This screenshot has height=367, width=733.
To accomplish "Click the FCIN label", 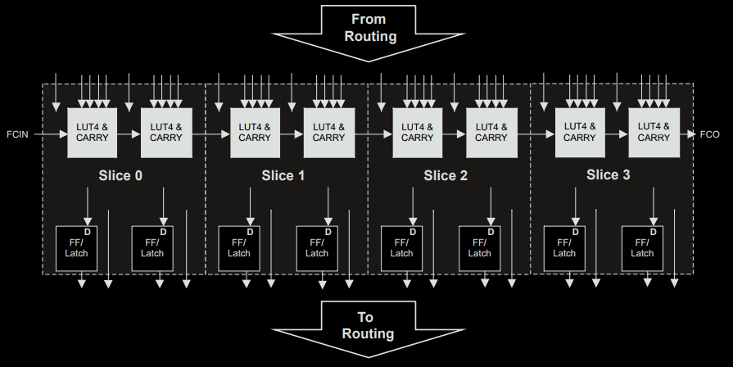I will click(17, 134).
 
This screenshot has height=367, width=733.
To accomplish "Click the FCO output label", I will click(709, 134).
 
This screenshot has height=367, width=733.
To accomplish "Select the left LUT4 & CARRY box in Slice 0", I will click(93, 133).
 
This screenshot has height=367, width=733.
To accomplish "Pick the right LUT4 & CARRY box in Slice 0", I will click(166, 133).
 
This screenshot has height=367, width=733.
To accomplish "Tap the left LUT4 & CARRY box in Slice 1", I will click(255, 133).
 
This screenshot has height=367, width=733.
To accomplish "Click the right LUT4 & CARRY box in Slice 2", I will click(491, 133).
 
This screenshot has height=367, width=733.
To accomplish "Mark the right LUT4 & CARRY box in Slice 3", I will click(654, 132).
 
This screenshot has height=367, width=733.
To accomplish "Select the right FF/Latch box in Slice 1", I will click(317, 248).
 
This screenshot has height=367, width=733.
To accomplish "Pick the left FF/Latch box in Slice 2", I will click(402, 248).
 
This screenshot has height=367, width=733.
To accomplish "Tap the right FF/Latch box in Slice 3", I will click(643, 248).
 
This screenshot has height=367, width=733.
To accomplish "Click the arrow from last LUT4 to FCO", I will click(686, 133).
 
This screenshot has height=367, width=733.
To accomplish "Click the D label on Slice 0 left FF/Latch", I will click(87, 232).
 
